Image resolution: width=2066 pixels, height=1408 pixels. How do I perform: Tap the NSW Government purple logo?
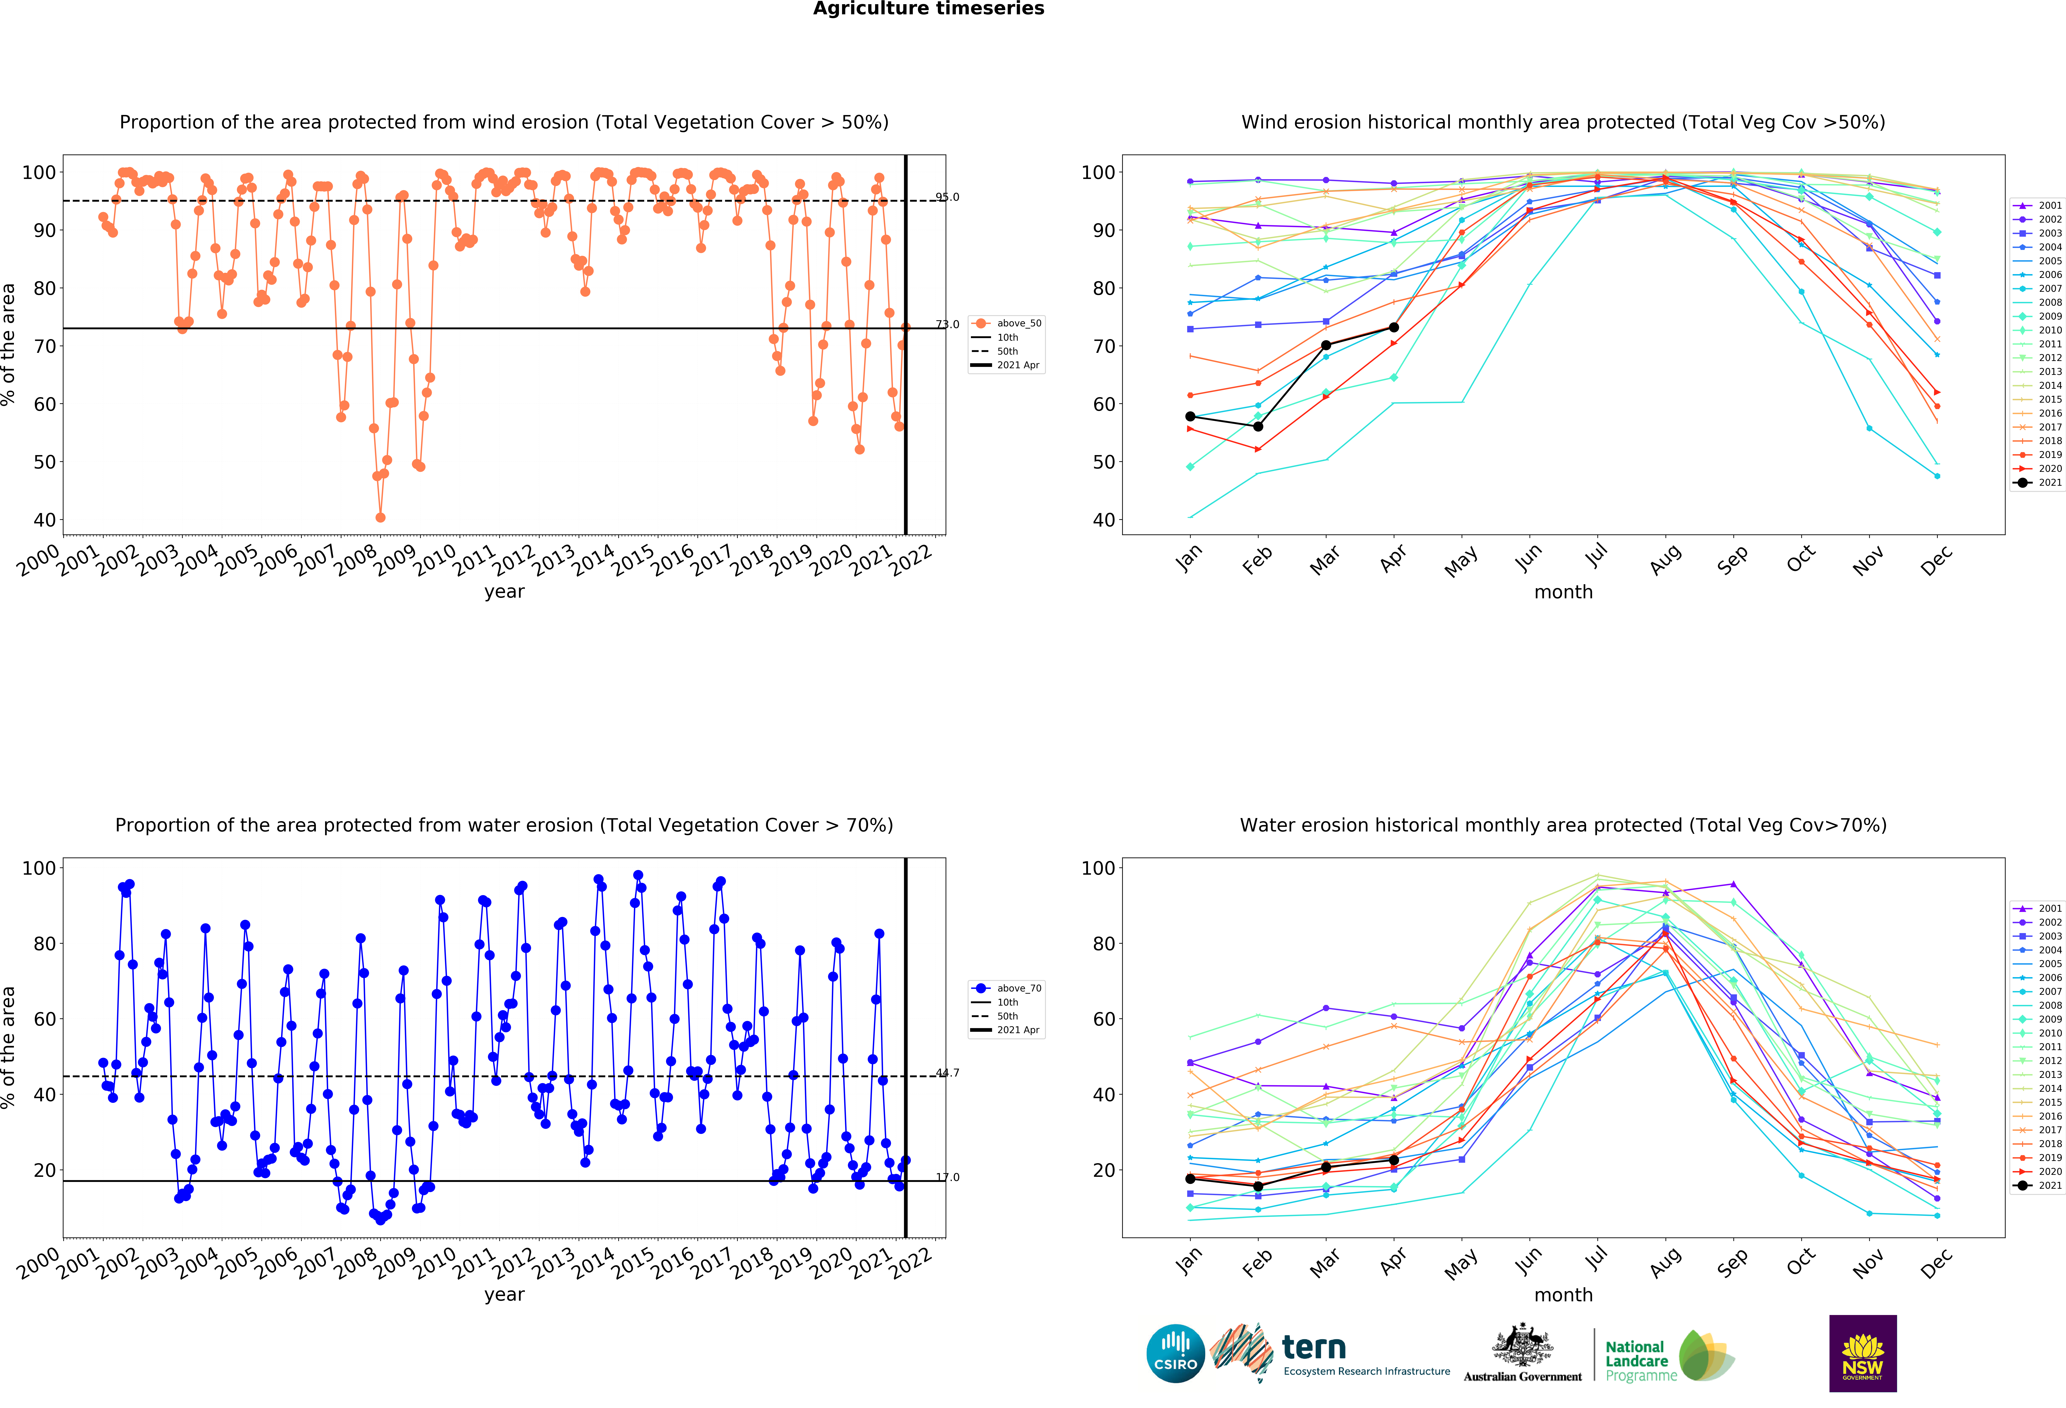coord(1862,1353)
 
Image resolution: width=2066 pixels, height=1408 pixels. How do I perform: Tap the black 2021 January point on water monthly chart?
coord(1190,1179)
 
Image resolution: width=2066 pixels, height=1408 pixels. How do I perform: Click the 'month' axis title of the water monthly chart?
coord(1563,1295)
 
